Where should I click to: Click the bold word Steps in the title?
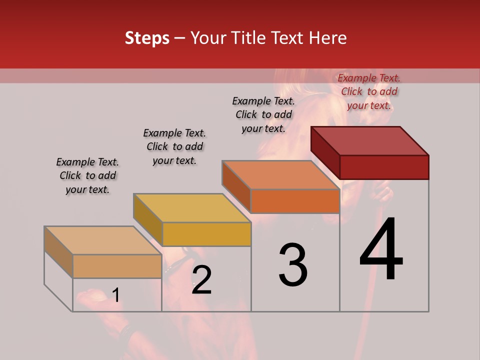click(147, 38)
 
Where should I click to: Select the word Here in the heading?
click(327, 38)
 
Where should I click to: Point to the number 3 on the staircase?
click(292, 265)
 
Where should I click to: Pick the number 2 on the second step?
click(201, 280)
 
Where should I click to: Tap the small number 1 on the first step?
click(115, 295)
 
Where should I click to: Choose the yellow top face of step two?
click(192, 208)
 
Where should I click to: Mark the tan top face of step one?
click(103, 240)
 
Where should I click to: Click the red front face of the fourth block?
click(384, 167)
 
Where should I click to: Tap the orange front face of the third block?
click(295, 201)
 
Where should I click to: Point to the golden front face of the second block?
click(206, 234)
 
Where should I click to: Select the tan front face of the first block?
click(117, 266)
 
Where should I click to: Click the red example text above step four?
click(369, 91)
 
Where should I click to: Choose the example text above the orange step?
click(263, 114)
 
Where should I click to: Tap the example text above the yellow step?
click(174, 146)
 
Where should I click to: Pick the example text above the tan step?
click(87, 175)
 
